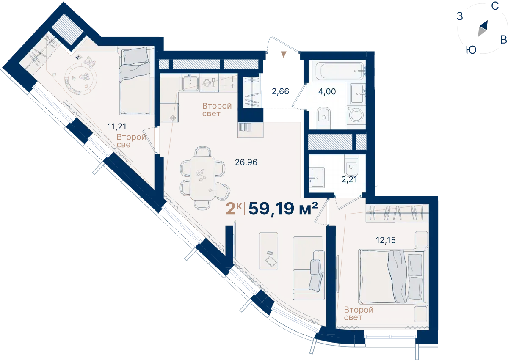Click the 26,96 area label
click(x=246, y=162)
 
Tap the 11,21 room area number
click(x=117, y=126)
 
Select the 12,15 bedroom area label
click(x=386, y=240)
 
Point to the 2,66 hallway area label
click(x=280, y=91)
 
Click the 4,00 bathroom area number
click(x=327, y=91)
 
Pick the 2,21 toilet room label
click(x=349, y=180)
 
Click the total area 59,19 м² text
click(x=283, y=209)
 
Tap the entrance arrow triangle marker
click(x=284, y=55)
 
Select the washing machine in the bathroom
click(x=356, y=115)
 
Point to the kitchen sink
click(x=190, y=83)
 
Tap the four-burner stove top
click(x=228, y=82)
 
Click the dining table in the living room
click(x=202, y=178)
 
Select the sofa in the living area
click(x=309, y=268)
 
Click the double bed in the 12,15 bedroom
click(x=393, y=276)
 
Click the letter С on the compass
click(x=495, y=6)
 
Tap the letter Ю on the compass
click(x=471, y=50)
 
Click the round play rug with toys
click(x=81, y=79)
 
